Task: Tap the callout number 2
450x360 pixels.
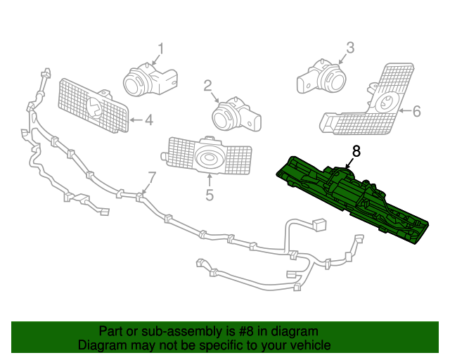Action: point(208,86)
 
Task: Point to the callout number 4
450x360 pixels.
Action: point(148,120)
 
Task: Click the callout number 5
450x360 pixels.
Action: point(209,195)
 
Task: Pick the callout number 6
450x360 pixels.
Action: point(416,111)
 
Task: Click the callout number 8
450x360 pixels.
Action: point(356,150)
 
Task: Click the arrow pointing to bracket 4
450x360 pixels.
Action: point(135,120)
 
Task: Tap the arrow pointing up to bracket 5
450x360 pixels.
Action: point(209,179)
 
